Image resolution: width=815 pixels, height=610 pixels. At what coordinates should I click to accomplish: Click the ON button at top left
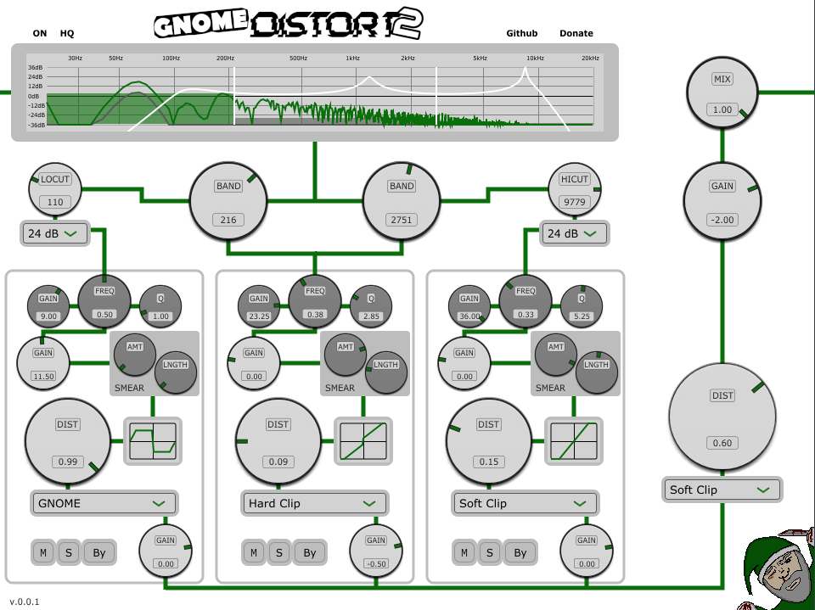pos(40,34)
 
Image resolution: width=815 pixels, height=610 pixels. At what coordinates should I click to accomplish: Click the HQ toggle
pos(67,34)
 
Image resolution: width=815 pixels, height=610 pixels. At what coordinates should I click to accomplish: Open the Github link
pos(522,34)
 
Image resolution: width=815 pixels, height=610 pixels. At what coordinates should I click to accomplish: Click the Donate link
pos(576,34)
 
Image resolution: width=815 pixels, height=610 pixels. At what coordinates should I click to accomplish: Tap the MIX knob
pos(722,93)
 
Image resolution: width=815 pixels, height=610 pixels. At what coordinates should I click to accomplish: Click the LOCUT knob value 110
pos(56,202)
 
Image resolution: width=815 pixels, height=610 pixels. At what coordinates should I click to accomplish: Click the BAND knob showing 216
pos(228,200)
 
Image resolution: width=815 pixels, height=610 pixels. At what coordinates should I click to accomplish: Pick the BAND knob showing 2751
pos(402,200)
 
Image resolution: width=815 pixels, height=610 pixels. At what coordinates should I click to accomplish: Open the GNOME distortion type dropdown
pos(104,503)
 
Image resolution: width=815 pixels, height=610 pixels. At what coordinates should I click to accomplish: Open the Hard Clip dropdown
pos(314,503)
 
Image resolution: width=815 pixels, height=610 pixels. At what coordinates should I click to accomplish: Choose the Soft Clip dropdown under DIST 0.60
pos(722,490)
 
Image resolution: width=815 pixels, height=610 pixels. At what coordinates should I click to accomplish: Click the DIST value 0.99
pos(67,462)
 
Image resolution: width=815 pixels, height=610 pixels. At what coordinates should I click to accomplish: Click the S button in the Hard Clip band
pos(279,552)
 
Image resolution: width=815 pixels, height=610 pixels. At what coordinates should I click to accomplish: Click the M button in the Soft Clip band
pos(464,552)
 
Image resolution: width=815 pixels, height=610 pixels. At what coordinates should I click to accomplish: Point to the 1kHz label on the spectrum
pos(352,58)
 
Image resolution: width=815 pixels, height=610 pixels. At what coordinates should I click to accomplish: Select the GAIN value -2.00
pos(722,220)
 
